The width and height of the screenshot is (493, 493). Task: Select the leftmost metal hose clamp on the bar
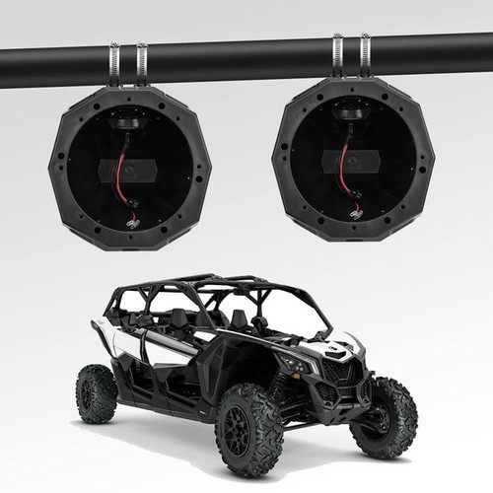tap(114, 62)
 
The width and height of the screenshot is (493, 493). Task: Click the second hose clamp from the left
tap(141, 61)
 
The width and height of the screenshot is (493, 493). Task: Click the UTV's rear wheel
tap(97, 393)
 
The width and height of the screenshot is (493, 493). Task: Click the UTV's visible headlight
tap(296, 364)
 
